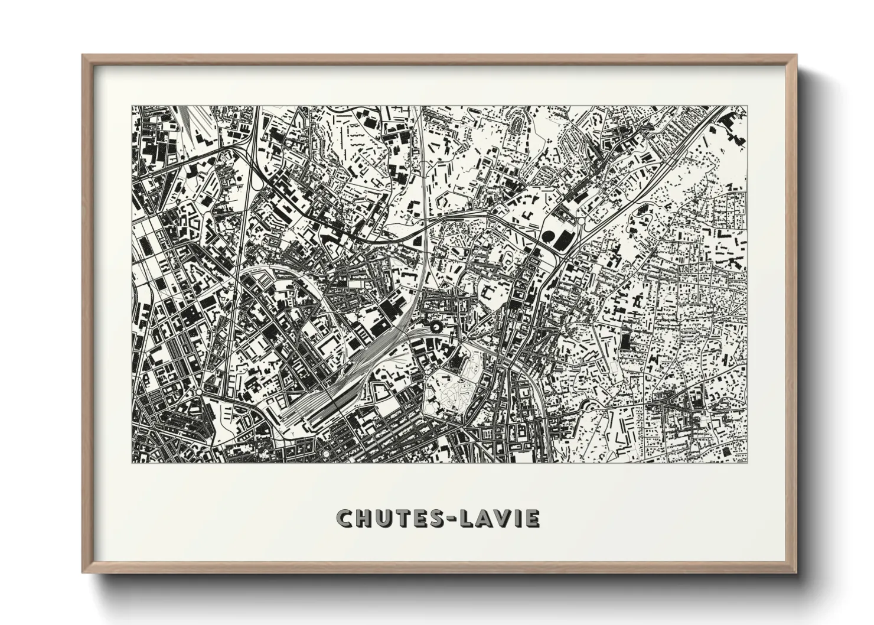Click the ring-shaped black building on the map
click(436, 325)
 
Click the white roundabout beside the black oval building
click(580, 222)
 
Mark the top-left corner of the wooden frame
click(83, 56)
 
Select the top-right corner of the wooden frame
click(797, 56)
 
